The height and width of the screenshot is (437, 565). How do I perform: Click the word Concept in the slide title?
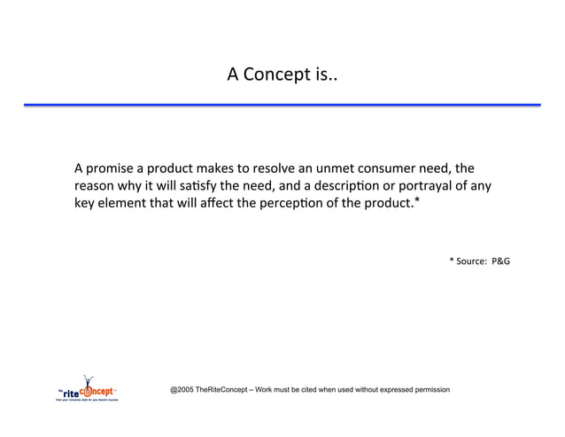pyautogui.click(x=276, y=74)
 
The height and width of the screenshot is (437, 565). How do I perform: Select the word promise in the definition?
pyautogui.click(x=115, y=168)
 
